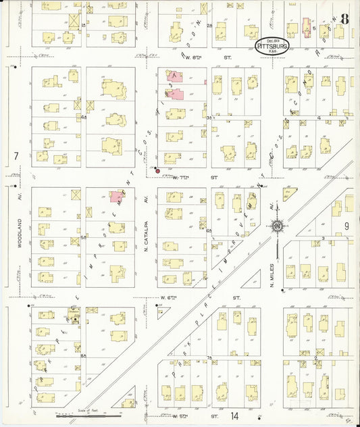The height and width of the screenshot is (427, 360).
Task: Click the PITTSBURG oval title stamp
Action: pos(274,45)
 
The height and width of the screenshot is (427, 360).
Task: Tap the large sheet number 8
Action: pos(344,19)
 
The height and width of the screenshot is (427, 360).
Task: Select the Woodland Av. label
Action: pos(20,233)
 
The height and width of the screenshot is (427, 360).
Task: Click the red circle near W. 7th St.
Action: pos(158,171)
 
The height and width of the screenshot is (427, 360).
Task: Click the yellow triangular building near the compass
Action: pos(289,195)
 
